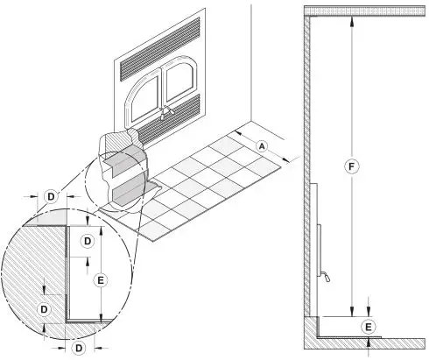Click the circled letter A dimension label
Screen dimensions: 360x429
point(262,145)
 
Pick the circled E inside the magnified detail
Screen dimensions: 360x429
point(102,279)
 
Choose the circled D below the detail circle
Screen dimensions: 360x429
point(79,348)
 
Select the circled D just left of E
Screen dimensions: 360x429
point(87,240)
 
